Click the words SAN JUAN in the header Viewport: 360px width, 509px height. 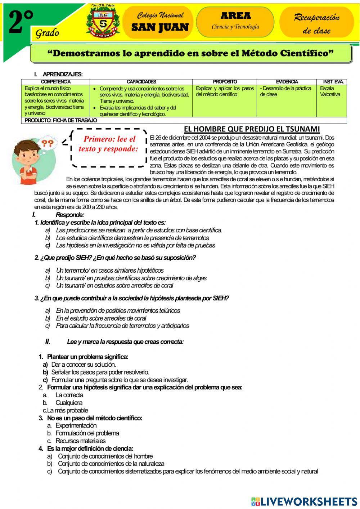[x=160, y=27]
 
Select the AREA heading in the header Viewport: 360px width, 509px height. [x=235, y=16]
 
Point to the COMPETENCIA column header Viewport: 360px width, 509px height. [x=56, y=82]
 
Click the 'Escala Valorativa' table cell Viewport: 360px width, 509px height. [x=330, y=91]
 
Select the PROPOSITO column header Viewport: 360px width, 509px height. [x=225, y=82]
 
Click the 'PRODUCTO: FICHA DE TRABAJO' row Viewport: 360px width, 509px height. [x=61, y=120]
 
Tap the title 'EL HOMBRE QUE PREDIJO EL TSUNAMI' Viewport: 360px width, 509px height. [x=252, y=129]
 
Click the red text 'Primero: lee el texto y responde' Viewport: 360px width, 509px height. [x=109, y=144]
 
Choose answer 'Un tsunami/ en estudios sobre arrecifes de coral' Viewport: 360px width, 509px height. [x=114, y=286]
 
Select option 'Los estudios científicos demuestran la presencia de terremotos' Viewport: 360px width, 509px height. [x=132, y=238]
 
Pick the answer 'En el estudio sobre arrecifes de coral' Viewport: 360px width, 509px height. [x=101, y=318]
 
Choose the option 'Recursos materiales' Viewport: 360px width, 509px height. [x=80, y=441]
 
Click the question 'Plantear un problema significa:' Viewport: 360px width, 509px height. [x=87, y=357]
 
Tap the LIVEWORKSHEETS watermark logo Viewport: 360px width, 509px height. [x=304, y=501]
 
